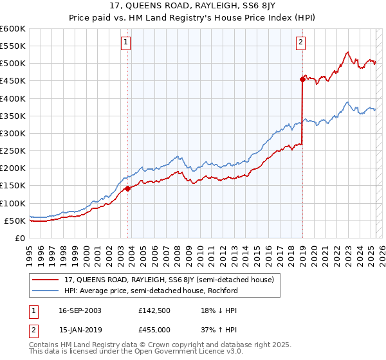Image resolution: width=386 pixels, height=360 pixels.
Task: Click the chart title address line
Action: point(193,7)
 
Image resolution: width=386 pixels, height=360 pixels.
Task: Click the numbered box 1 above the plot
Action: point(125,43)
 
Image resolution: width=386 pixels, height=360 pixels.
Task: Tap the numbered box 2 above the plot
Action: point(300,43)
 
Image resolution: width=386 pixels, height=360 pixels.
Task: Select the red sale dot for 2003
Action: point(127,188)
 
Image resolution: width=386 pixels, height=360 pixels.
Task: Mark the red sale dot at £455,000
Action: point(302,79)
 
